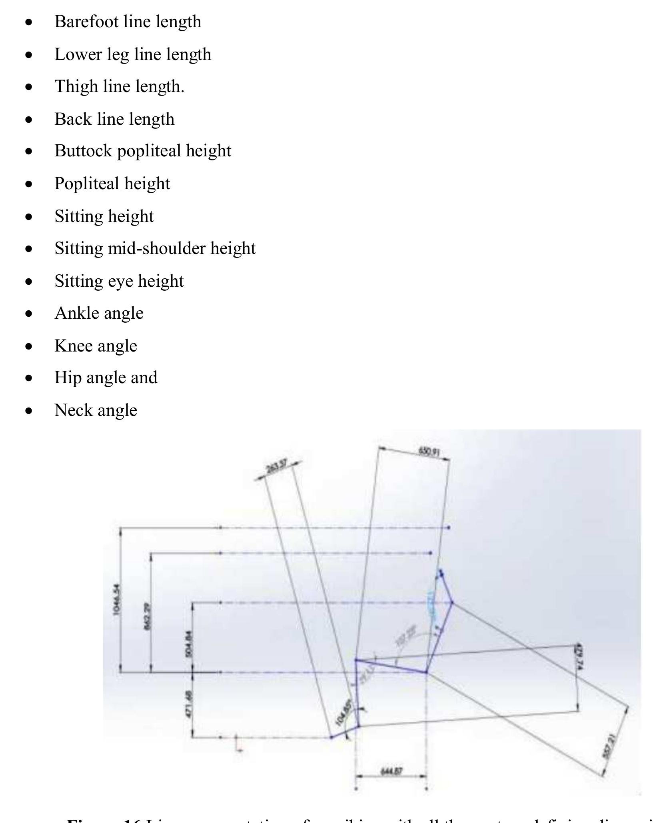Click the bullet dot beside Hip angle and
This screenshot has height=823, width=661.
pyautogui.click(x=28, y=378)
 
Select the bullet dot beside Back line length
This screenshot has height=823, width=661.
pyautogui.click(x=28, y=120)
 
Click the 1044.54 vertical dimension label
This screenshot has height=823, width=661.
pyautogui.click(x=116, y=600)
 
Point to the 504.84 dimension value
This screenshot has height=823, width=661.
pyautogui.click(x=189, y=644)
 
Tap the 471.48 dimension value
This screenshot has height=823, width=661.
pyautogui.click(x=189, y=704)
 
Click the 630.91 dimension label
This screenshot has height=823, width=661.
pyautogui.click(x=429, y=452)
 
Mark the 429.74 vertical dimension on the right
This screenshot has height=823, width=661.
pyautogui.click(x=579, y=656)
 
